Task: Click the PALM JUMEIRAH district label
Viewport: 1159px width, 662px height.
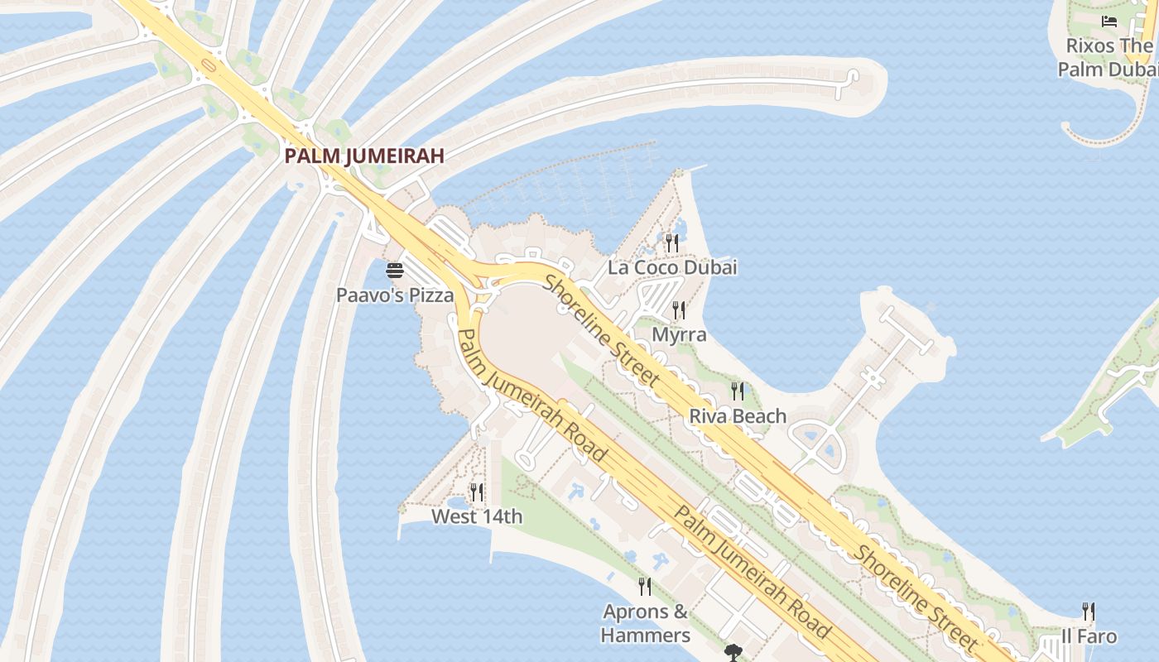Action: [x=364, y=156]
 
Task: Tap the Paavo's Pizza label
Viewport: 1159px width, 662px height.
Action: [x=395, y=295]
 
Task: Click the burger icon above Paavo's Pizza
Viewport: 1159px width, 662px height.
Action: [x=395, y=271]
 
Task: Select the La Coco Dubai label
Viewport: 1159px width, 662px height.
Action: [x=672, y=267]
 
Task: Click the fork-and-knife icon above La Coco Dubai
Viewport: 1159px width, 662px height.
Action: [x=672, y=243]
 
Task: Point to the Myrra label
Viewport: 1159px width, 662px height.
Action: [x=680, y=334]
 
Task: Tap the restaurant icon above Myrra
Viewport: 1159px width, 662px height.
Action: [x=679, y=310]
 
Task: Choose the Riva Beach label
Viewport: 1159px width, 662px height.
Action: [x=738, y=415]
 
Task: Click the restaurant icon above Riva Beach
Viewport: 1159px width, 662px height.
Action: [x=737, y=391]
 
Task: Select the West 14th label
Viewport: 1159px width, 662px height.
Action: [x=477, y=517]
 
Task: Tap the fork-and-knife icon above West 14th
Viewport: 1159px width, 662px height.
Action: [x=477, y=493]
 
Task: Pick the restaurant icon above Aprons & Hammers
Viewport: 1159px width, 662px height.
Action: [x=645, y=587]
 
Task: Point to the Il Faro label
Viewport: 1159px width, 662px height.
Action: [x=1089, y=637]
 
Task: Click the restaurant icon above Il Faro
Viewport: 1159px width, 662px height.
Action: [x=1089, y=612]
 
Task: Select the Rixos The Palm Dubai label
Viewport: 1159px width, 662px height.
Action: [x=1108, y=57]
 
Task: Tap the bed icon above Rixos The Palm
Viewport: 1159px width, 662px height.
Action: [x=1109, y=22]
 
